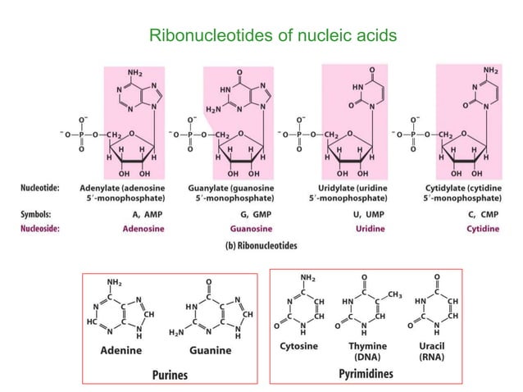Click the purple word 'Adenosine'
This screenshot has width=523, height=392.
pos(142,228)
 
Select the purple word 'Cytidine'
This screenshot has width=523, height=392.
pos(482,228)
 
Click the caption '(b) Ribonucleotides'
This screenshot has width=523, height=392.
pos(262,244)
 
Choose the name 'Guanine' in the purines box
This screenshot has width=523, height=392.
pos(212,349)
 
